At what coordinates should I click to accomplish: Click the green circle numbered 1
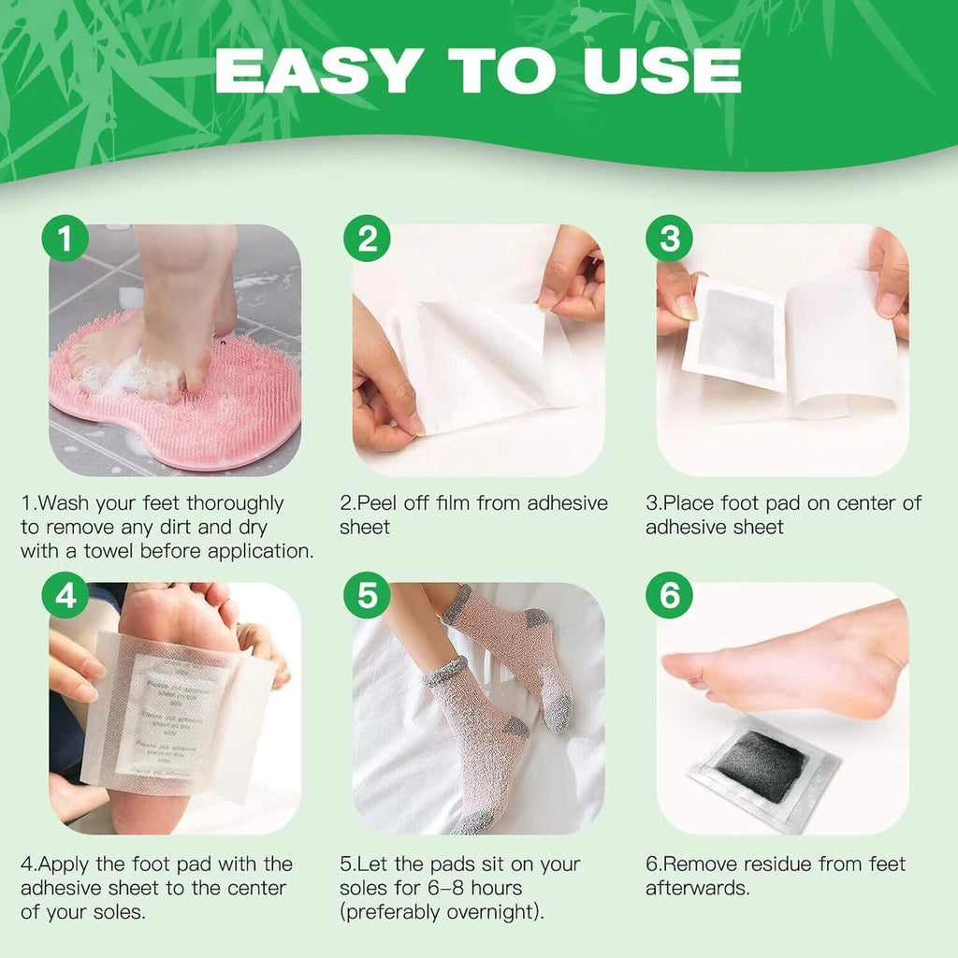[x=64, y=240]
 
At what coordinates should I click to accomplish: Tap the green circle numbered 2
[x=367, y=240]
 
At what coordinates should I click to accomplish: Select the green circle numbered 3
[x=670, y=240]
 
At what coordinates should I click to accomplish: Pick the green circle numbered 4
[x=65, y=597]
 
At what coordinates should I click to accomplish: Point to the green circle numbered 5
[x=367, y=597]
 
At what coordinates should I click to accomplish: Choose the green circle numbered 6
[x=670, y=597]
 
